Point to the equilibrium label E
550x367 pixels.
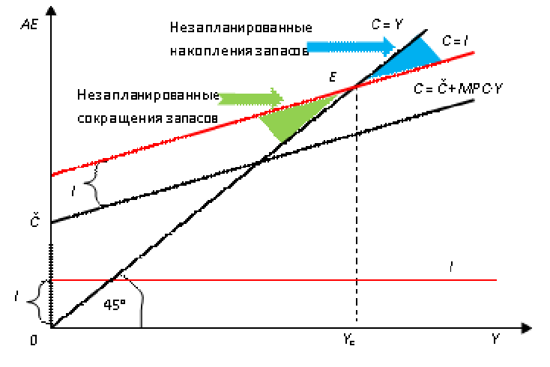331,77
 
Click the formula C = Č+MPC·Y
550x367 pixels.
457,89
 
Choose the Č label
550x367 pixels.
34,222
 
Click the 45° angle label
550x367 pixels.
113,306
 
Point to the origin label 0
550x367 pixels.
34,340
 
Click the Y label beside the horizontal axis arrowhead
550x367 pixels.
495,340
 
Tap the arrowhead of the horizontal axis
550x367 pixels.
527,328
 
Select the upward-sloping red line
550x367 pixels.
187,137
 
